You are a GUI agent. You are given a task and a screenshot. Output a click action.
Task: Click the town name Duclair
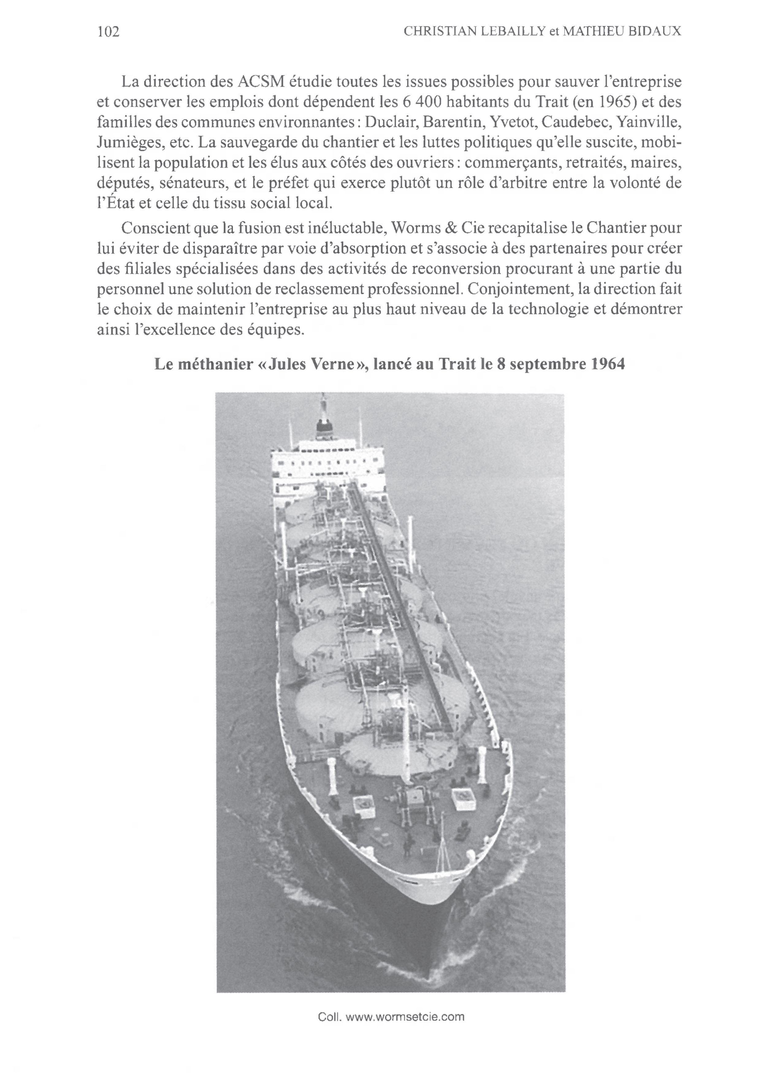click(391, 122)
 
